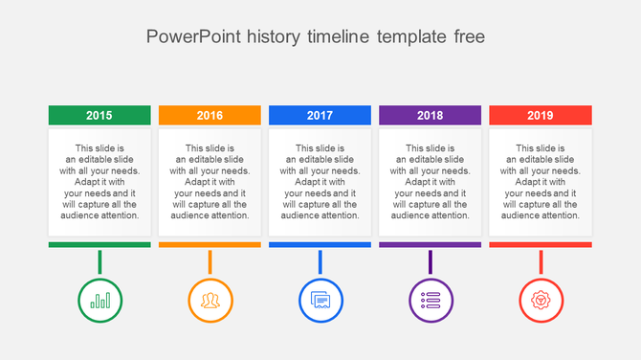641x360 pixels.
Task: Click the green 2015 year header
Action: [99, 115]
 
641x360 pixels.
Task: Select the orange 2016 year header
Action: [210, 115]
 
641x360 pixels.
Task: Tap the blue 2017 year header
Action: [320, 115]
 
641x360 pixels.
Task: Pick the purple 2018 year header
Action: [430, 115]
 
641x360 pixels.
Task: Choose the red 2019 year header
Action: [540, 115]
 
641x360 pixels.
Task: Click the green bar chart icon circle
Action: [99, 300]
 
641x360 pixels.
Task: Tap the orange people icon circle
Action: [210, 300]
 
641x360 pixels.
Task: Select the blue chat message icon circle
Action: [320, 300]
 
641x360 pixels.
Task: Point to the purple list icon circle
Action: [431, 300]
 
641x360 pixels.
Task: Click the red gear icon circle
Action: [541, 300]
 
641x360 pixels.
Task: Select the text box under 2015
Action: [99, 182]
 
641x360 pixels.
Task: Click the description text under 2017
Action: [320, 182]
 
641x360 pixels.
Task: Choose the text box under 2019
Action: [540, 182]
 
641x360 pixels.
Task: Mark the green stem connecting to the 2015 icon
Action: [99, 261]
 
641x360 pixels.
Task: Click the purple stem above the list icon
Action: [431, 261]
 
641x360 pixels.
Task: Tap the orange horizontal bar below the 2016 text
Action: [210, 245]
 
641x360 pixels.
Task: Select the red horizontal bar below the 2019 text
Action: [540, 245]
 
